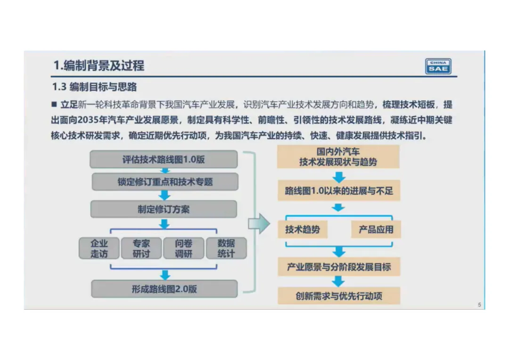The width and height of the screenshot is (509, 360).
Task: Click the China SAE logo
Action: tap(438, 66)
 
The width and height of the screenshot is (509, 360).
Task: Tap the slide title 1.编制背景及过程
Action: tap(99, 65)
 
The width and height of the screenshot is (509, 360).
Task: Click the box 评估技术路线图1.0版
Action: tap(164, 159)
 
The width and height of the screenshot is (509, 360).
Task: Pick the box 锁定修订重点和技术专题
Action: tap(165, 181)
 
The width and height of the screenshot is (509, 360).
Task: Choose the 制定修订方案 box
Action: tap(164, 209)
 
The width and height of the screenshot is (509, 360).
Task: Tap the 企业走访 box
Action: tap(99, 248)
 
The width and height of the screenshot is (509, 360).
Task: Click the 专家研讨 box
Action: tap(141, 248)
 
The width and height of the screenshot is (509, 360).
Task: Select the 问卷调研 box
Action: tap(183, 248)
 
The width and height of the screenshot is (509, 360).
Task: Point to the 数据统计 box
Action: tap(226, 248)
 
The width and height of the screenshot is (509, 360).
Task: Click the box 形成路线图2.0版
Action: tap(164, 289)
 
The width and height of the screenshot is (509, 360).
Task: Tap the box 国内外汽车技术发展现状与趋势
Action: tap(338, 157)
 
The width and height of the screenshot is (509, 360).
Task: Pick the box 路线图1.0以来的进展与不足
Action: tap(338, 191)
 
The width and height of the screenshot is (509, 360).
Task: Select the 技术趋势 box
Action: tap(302, 230)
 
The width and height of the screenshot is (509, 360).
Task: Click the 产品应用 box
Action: tap(376, 230)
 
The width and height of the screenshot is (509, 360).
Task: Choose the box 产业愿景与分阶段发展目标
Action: tap(338, 267)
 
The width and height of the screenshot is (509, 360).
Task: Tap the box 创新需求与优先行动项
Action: tap(338, 296)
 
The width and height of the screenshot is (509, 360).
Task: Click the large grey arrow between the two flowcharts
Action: tap(259, 223)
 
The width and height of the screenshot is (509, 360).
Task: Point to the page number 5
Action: tap(479, 305)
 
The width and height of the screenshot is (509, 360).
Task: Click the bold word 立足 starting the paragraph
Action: tap(69, 105)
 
